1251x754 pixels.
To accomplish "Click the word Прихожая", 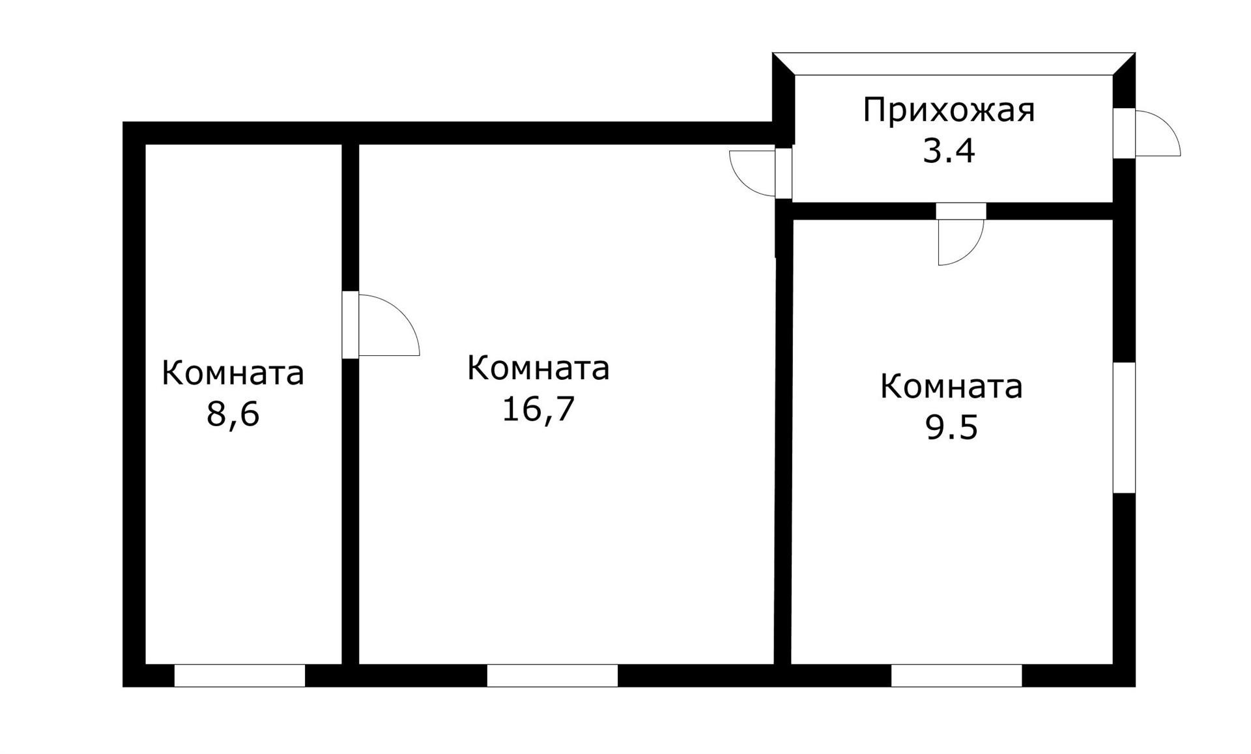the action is pos(949,111).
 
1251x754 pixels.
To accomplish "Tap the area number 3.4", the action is pos(949,152).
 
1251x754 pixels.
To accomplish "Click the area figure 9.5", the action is pos(951,428).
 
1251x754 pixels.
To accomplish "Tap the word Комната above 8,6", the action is pos(233,373).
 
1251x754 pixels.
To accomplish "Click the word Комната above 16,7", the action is pos(538,368).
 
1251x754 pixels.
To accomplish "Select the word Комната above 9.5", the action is pos(951,386).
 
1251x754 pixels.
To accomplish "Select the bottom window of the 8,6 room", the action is pos(239,676).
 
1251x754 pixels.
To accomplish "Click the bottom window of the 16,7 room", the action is pos(552,676).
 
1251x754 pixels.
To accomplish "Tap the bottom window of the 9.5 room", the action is pos(956,676).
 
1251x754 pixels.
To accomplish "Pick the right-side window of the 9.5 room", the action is pos(1124,428).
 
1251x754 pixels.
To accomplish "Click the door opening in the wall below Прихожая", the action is pos(961,211).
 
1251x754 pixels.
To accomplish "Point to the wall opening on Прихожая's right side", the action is pos(1124,133).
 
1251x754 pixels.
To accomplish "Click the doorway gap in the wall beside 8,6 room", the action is pos(351,325).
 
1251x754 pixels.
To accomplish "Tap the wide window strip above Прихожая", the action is pos(954,64).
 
